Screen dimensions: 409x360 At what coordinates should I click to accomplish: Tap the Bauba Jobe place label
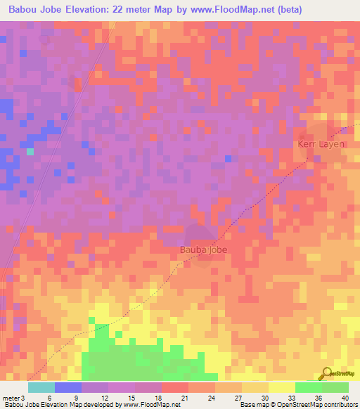(x=202, y=249)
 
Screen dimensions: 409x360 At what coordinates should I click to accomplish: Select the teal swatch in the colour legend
(x=41, y=387)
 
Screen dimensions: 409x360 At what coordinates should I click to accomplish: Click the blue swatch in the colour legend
(x=68, y=387)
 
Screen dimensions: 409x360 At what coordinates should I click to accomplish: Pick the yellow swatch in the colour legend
(x=282, y=387)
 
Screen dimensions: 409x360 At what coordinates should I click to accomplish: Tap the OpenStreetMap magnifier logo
(x=326, y=374)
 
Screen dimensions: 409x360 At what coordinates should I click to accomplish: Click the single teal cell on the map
(x=30, y=151)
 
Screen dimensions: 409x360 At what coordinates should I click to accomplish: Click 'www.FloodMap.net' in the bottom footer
(x=153, y=405)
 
